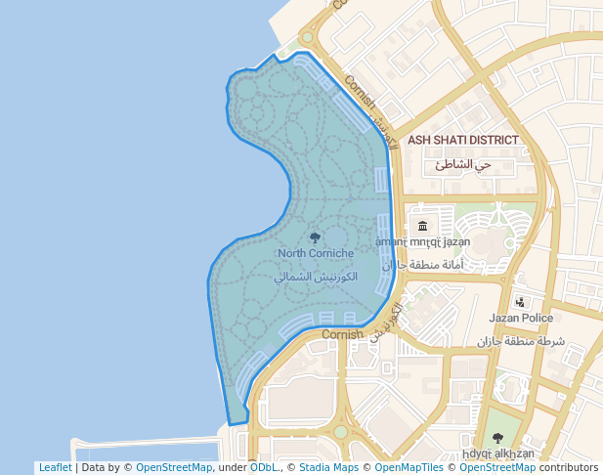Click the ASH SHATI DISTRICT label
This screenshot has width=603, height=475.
(463, 140)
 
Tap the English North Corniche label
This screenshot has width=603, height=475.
(316, 253)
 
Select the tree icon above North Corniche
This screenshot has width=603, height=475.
(314, 237)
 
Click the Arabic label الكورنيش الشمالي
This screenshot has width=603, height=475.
(316, 277)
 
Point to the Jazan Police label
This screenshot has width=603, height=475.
(521, 318)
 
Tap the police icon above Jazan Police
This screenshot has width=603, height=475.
(520, 302)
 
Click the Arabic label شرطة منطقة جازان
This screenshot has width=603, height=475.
(521, 341)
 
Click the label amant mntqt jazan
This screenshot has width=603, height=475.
(423, 241)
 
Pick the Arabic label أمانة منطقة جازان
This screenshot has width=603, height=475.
(423, 265)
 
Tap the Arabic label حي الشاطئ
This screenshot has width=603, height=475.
(464, 164)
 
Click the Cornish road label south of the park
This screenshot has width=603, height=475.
(342, 334)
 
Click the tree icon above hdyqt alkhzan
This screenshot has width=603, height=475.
(497, 438)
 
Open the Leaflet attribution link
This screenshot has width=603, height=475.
(55, 467)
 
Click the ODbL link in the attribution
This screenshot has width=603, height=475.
(263, 467)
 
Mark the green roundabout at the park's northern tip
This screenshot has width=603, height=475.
(307, 38)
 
